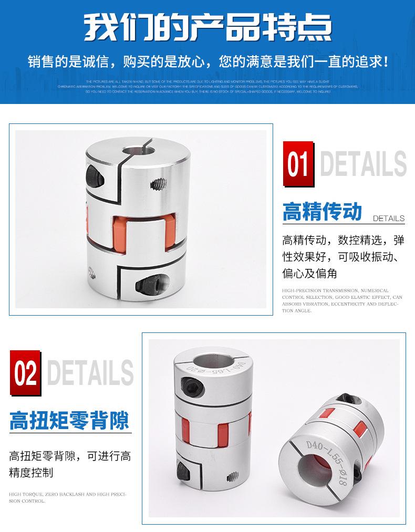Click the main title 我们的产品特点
pyautogui.click(x=207, y=26)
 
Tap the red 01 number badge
pyautogui.click(x=298, y=164)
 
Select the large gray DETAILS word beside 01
pyautogui.click(x=362, y=164)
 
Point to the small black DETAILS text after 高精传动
pyautogui.click(x=388, y=218)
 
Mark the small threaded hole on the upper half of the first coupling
pyautogui.click(x=157, y=185)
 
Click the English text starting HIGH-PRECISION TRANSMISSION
pyautogui.click(x=342, y=300)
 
